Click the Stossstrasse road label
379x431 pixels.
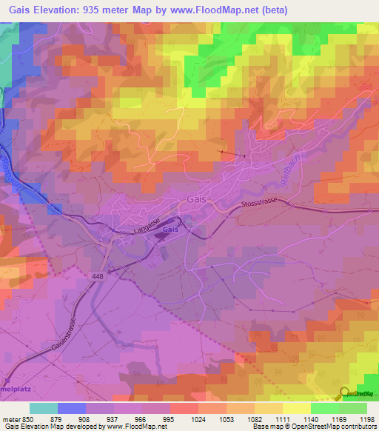click(262, 204)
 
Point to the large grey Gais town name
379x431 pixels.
click(196, 199)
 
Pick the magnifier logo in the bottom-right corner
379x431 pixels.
click(345, 394)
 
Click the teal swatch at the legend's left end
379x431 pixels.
click(43, 408)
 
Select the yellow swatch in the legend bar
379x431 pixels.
click(296, 408)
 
